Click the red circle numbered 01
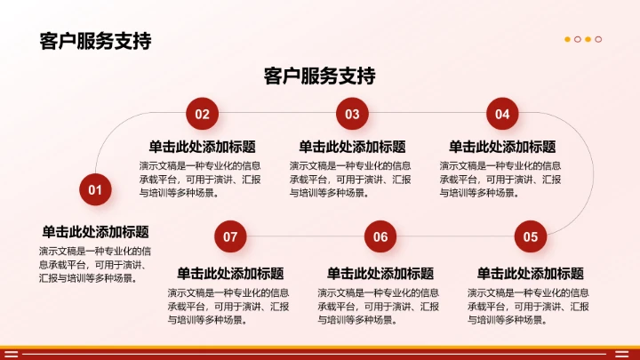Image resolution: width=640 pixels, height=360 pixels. pos(95,189)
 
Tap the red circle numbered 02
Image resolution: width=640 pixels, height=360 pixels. pos(202,114)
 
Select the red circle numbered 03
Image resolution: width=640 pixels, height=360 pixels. pos(352,114)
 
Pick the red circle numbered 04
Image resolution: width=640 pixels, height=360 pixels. pos(502,114)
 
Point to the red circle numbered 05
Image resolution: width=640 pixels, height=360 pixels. pos(531,236)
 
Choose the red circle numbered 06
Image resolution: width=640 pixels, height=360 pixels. pos(380,236)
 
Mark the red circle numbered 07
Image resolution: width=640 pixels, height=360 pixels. pos(230,236)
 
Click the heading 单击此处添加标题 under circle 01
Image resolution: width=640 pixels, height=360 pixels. pos(95,231)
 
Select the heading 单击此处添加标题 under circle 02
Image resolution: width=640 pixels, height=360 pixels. pos(202,147)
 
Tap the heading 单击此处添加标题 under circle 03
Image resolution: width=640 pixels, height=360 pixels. pos(352,147)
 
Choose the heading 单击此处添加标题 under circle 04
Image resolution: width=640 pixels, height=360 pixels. pos(502,147)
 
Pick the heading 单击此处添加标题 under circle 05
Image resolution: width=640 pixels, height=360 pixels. pos(531,273)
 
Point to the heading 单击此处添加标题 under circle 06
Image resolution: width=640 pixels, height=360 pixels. pos(380,273)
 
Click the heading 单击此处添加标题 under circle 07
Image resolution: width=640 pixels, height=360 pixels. pos(230,273)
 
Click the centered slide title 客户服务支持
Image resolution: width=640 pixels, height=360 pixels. pos(320,76)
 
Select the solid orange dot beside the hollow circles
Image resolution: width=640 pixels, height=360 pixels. pos(568,39)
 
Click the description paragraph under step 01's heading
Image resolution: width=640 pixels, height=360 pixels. pos(95,264)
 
